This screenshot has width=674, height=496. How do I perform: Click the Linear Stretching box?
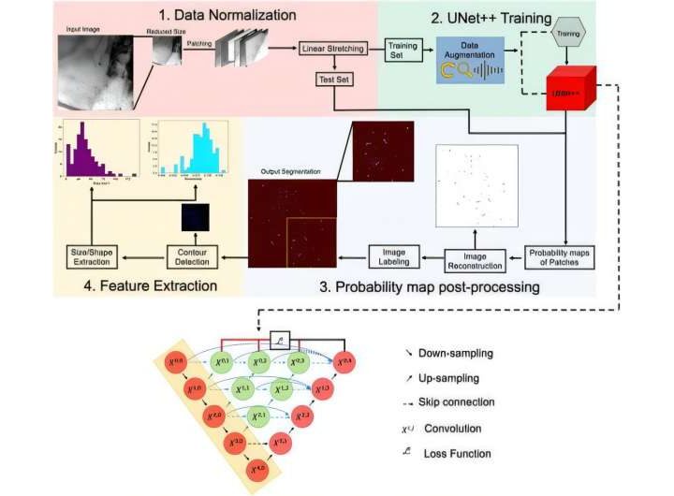tap(332, 49)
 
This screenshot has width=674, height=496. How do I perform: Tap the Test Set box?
tap(332, 80)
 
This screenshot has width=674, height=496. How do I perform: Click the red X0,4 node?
tap(345, 360)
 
